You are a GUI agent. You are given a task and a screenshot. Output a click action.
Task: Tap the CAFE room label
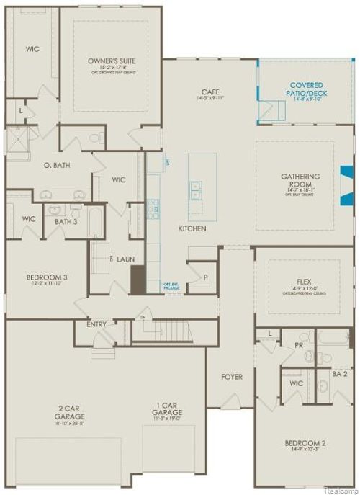click(210, 92)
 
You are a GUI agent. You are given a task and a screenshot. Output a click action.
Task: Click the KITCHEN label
click(193, 228)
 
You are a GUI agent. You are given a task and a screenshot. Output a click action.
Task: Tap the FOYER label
click(232, 377)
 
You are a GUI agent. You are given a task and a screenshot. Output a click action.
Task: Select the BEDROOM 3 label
click(47, 277)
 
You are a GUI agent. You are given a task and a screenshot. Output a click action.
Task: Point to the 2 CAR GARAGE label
click(69, 412)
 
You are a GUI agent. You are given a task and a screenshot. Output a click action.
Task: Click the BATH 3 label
click(66, 221)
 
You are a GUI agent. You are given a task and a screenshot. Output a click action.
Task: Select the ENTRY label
click(96, 324)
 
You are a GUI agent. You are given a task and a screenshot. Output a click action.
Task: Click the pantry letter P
click(205, 277)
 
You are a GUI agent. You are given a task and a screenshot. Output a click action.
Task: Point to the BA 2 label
click(343, 374)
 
